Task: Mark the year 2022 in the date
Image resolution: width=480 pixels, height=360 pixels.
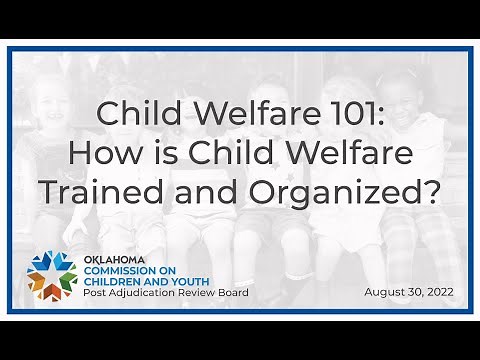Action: click(x=438, y=292)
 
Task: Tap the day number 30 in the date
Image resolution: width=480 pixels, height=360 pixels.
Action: click(x=410, y=292)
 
